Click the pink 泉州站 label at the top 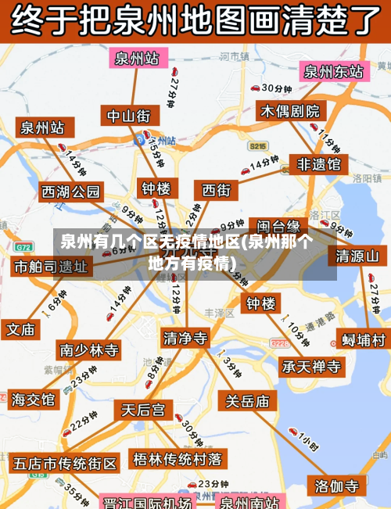pos(137,59)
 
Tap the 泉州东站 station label pos(333,72)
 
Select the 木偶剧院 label pos(290,111)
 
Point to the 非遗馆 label pos(318,164)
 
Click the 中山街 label pos(128,116)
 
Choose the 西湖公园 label pos(71,192)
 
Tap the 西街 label pos(217,190)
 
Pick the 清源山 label pos(357,256)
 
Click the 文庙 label pos(22,329)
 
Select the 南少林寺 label pos(89,349)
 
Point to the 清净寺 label pos(186,338)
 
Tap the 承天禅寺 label pos(312,366)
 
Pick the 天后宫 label pos(142,410)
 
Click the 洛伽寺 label pos(336,486)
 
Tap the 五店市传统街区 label pos(65,463)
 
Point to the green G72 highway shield pos(23,246)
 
